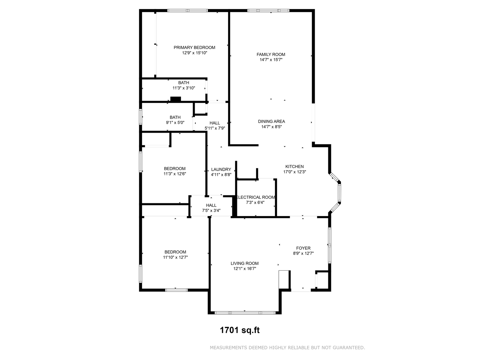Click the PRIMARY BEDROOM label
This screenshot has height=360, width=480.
(x=194, y=48)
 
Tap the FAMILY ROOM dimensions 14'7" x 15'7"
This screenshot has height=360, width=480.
(x=271, y=60)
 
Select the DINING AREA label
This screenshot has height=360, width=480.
(x=271, y=121)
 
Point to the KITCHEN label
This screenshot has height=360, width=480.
(x=294, y=167)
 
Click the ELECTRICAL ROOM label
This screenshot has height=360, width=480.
(x=256, y=197)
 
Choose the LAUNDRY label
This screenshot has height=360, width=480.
(x=221, y=169)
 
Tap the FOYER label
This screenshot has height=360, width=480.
(x=303, y=248)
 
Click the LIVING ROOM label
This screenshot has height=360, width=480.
(x=244, y=263)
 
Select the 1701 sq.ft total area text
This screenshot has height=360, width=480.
(x=239, y=330)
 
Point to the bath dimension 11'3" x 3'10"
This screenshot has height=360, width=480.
(x=183, y=88)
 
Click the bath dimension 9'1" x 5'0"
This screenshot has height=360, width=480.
(x=175, y=123)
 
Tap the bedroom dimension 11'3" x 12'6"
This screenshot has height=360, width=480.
(x=174, y=174)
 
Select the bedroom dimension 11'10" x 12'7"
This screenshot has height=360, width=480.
(x=175, y=257)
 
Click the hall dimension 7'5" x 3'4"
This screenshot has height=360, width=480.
(x=211, y=211)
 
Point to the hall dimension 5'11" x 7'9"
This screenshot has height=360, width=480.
(x=215, y=128)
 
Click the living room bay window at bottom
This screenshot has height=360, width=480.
(x=245, y=313)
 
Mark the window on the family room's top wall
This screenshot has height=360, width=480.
(x=268, y=11)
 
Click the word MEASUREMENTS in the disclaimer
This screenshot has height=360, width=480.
(x=228, y=348)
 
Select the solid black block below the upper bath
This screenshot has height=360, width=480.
(x=175, y=99)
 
